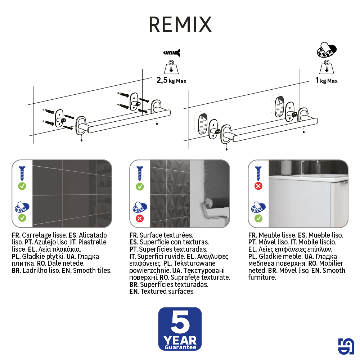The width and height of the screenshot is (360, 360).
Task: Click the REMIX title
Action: (x=180, y=24)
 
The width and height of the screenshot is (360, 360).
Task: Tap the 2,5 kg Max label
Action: (x=171, y=80)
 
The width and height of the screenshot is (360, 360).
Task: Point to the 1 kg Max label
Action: (x=326, y=80)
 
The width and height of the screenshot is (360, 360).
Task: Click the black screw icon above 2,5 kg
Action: (x=171, y=53)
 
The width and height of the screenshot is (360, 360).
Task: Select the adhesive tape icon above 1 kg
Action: (x=327, y=50)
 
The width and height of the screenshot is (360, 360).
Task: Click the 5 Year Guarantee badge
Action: (x=180, y=329)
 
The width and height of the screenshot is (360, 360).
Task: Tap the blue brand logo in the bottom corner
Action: (x=346, y=346)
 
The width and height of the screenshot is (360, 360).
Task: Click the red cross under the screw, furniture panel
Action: (x=258, y=186)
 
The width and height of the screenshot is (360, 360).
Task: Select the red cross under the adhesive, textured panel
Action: (x=140, y=219)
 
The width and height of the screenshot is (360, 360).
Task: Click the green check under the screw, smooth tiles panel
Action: (x=22, y=186)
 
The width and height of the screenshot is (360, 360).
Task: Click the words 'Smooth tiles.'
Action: (x=92, y=270)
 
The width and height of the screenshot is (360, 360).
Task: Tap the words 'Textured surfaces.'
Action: (x=168, y=291)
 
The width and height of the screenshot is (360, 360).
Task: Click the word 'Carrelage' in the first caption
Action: (x=36, y=235)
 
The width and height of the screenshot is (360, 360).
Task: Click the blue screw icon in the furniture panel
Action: (x=258, y=174)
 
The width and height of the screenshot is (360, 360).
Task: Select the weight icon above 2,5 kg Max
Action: (x=171, y=67)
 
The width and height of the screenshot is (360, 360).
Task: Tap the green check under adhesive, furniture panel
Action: (x=258, y=219)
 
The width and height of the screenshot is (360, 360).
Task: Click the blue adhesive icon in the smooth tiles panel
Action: (x=22, y=207)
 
